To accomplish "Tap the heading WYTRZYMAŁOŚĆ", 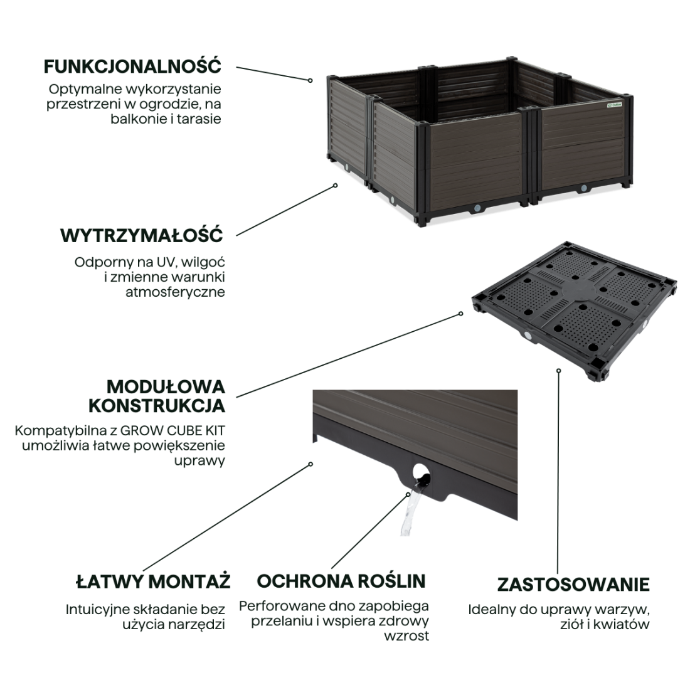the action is (141, 235).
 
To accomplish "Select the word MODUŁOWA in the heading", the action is (166, 387).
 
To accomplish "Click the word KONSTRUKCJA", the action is (157, 406).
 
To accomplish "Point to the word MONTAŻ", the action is (189, 581).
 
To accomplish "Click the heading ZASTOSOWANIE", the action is (573, 585).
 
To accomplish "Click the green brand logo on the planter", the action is (614, 105).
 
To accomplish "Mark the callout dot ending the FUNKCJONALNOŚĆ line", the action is (310, 80).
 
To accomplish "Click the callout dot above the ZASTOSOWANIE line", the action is (558, 371).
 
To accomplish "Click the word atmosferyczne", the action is (175, 292).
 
